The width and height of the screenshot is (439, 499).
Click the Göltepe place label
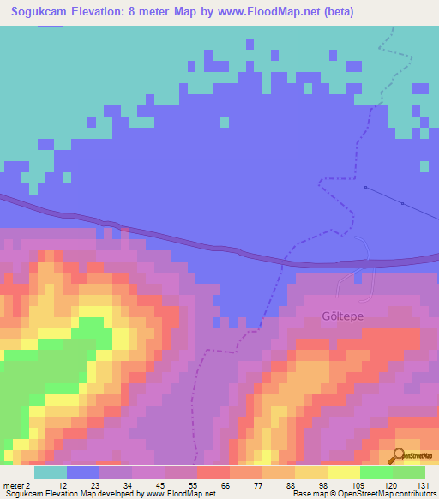(343, 316)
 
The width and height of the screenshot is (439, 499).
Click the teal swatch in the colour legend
(51, 472)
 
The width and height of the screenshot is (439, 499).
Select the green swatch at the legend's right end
(409, 472)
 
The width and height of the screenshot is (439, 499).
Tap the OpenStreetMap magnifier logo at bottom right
(399, 455)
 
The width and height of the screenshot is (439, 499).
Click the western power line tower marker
(365, 187)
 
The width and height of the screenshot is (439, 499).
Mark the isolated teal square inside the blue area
(225, 122)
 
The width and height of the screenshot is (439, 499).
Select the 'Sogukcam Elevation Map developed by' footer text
(73, 494)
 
